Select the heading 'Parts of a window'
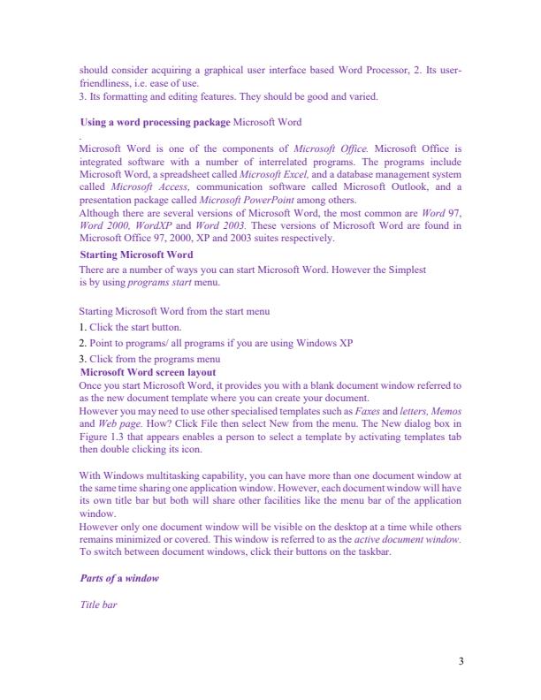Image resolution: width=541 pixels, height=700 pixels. tap(118, 579)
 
